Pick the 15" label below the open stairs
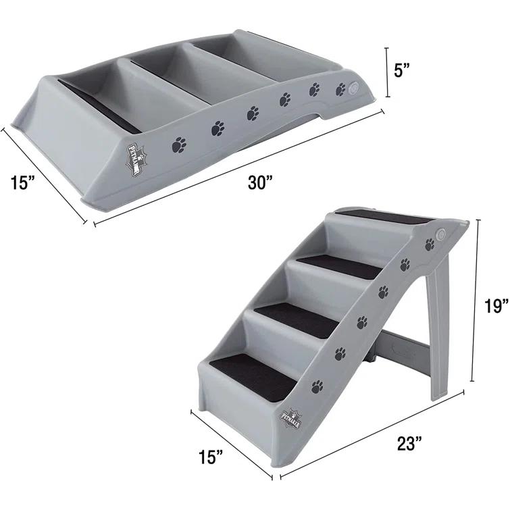click(x=211, y=458)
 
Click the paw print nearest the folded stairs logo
click(x=179, y=144)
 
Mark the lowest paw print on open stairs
click(x=317, y=387)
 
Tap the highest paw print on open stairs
click(x=430, y=245)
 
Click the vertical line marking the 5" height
click(x=387, y=72)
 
